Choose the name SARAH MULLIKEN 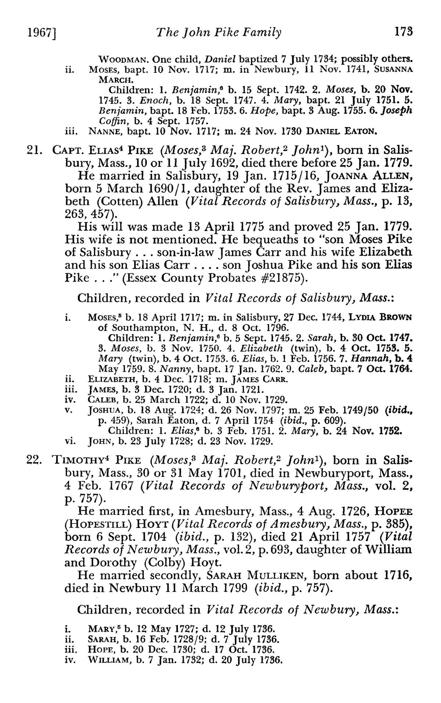(258, 575)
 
